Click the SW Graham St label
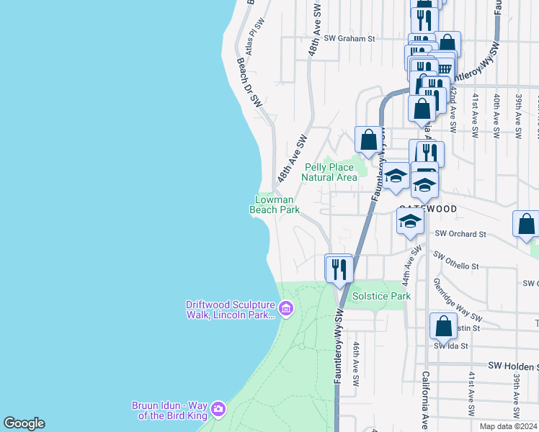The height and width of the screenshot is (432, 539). pos(350,39)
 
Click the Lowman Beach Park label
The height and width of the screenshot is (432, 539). pos(275,204)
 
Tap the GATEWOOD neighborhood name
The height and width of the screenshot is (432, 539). pos(428,208)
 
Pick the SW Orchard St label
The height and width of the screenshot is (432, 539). pos(461,234)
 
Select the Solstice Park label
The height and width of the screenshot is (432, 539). pos(381,296)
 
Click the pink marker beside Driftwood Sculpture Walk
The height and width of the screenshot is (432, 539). pos(286,310)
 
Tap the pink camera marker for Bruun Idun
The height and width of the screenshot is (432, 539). pos(218,410)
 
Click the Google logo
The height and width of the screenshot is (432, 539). pos(24,423)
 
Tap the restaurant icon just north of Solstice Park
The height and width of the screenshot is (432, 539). pos(339,269)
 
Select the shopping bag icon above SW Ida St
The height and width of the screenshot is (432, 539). pos(444,326)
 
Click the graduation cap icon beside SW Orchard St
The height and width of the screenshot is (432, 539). pos(410,221)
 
